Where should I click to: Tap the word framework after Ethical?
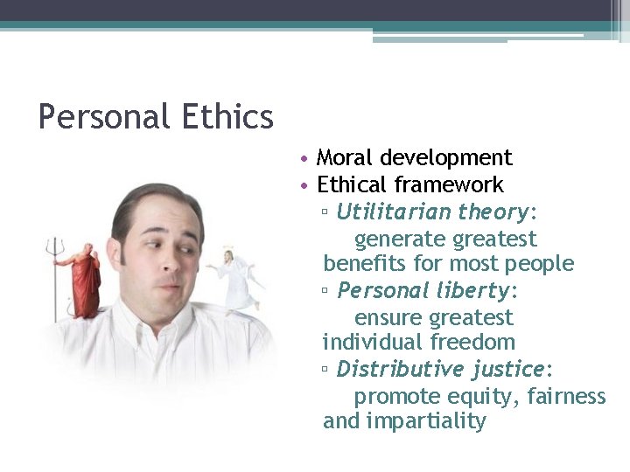[449, 185]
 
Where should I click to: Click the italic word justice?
[507, 369]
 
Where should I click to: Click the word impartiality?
[426, 421]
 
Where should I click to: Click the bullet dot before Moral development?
[302, 159]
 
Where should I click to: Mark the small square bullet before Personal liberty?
[325, 291]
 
